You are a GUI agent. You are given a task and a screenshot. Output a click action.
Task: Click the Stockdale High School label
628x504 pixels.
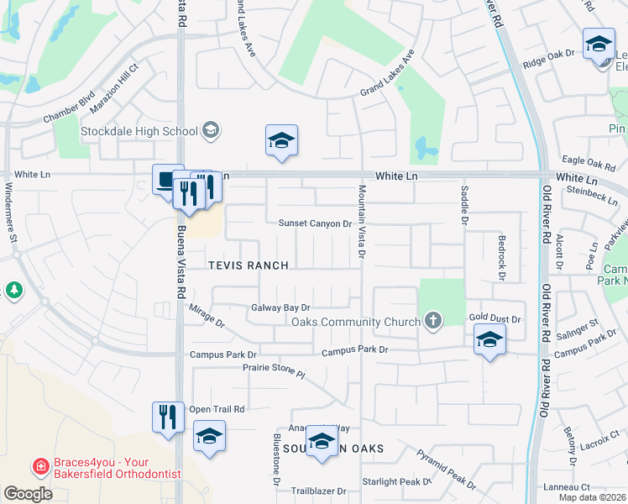[x=139, y=131]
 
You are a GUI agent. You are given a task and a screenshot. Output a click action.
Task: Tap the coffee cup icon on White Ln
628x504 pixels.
[x=167, y=179]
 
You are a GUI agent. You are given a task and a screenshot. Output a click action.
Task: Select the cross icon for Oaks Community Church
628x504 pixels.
[x=432, y=320]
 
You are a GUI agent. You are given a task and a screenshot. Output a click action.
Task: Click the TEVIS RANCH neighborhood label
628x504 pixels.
[x=249, y=265]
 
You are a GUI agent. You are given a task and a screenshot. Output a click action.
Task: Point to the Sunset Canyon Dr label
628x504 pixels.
[x=315, y=223]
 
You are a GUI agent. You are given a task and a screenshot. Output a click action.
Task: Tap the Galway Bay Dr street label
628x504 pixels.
[x=281, y=308]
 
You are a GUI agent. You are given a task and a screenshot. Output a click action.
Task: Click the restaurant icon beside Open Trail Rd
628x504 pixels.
[x=167, y=416]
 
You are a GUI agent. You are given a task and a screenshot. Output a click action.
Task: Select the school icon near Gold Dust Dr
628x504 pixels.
[x=489, y=340]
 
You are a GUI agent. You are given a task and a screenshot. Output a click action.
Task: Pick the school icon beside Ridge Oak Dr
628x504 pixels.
[x=598, y=44]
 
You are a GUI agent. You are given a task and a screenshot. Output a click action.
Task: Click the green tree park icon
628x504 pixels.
[x=14, y=291]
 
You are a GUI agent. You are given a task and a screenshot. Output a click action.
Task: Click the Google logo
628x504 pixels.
[x=28, y=494]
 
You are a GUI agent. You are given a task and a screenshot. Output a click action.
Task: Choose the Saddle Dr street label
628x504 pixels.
[x=463, y=205]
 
